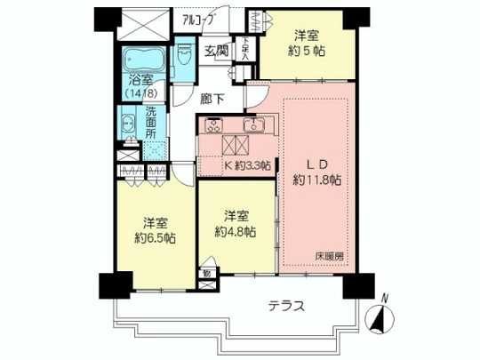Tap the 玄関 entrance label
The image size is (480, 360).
click(x=215, y=51)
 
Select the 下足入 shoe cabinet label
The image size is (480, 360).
click(x=245, y=48)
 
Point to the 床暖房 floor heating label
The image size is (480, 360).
click(x=329, y=257)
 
